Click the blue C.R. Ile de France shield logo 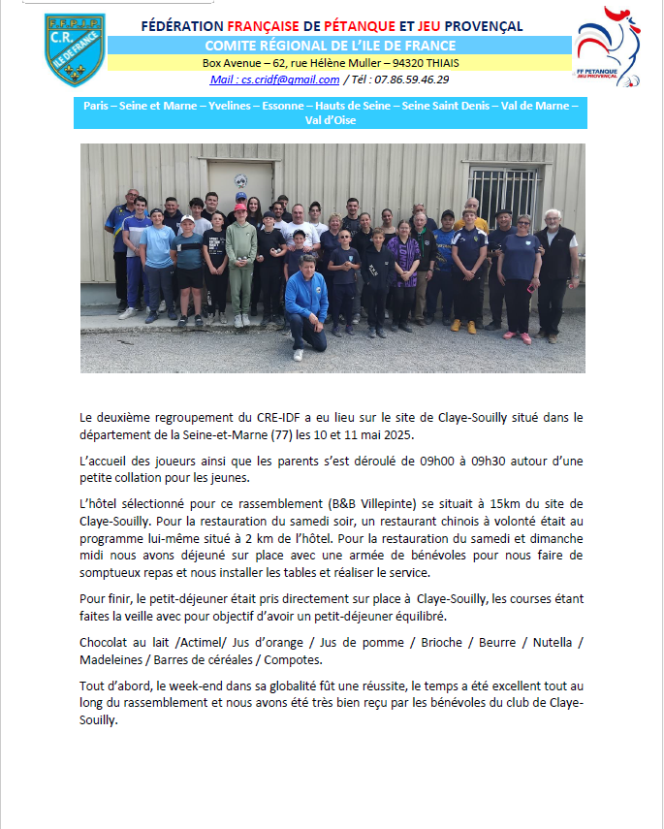coord(74,48)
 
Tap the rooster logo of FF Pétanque coord(608,47)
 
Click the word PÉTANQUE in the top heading coord(361,26)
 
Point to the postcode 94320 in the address coord(403,62)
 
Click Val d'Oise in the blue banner coord(331,120)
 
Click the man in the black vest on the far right coord(555,267)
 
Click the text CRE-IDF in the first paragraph coord(264,417)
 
